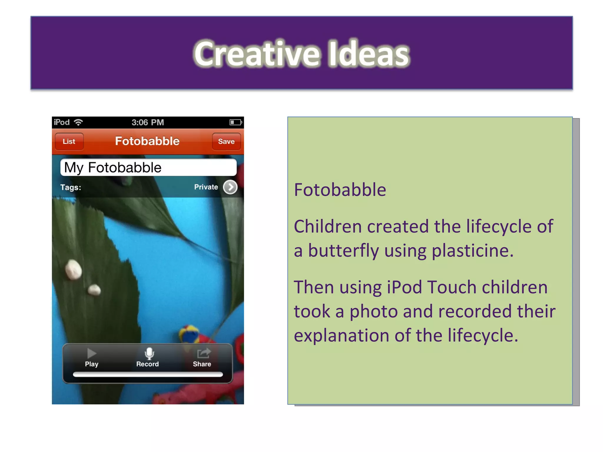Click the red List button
click(x=69, y=142)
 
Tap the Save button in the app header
click(x=226, y=142)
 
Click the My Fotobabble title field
click(x=148, y=167)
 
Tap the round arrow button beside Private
click(x=230, y=187)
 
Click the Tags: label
click(x=71, y=187)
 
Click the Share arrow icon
click(x=204, y=353)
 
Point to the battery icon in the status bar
click(x=236, y=122)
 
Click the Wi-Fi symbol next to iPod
click(x=78, y=122)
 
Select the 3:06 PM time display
click(x=148, y=122)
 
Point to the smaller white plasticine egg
click(x=94, y=290)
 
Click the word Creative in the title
click(x=256, y=54)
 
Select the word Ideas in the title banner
click(x=368, y=54)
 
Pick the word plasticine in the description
click(x=473, y=251)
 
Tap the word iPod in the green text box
click(x=405, y=287)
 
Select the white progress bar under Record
click(x=148, y=375)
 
